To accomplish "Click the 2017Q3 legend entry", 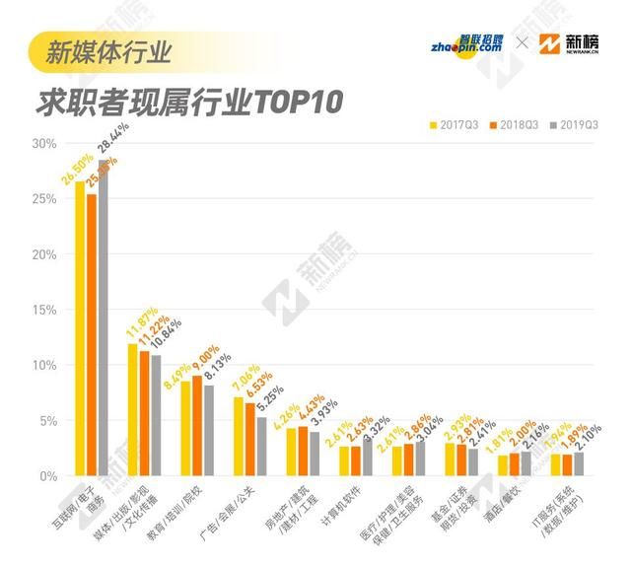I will (458, 125).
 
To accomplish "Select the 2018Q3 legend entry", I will (517, 125).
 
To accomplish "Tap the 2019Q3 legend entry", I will (575, 125).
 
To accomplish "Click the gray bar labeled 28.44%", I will (103, 318).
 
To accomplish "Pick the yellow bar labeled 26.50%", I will (80, 328).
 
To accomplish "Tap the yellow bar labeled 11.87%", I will (133, 410).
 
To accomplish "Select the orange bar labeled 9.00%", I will (197, 426).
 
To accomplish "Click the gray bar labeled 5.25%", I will (261, 447).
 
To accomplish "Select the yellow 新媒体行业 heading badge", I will (108, 50).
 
